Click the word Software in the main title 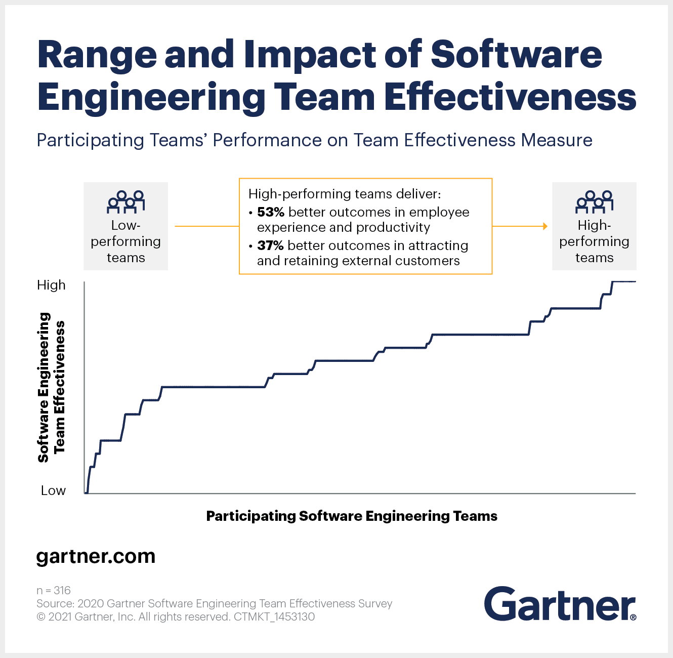[x=516, y=54]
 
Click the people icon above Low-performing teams [x=125, y=201]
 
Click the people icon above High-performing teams [x=594, y=201]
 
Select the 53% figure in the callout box [x=270, y=212]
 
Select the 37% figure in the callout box [x=270, y=245]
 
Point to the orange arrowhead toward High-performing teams [x=545, y=226]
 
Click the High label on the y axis [x=51, y=285]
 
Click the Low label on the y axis [x=53, y=490]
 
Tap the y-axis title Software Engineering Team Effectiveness [x=51, y=387]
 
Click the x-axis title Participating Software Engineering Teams [x=352, y=516]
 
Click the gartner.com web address [x=96, y=556]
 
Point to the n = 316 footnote [x=53, y=590]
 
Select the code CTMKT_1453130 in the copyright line [x=274, y=616]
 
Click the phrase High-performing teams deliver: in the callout [x=345, y=194]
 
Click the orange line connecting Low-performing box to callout [x=206, y=226]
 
